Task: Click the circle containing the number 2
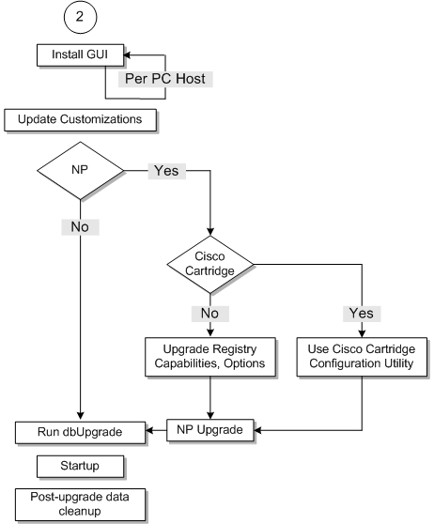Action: point(78,18)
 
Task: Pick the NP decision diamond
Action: point(80,172)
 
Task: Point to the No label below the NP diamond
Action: point(79,226)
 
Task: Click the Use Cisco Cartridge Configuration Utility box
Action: point(361,356)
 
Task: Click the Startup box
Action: point(79,465)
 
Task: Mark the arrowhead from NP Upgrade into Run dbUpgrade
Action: point(151,432)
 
